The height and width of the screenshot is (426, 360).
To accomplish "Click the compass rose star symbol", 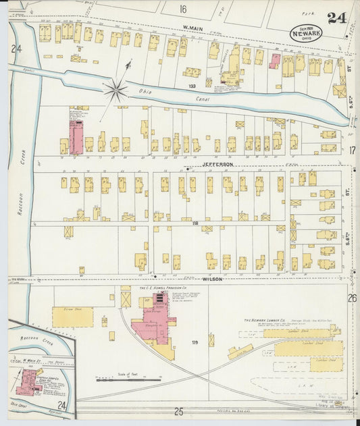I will (116, 87).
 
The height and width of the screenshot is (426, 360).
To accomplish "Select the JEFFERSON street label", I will (217, 164).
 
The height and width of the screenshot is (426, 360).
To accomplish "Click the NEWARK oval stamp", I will (306, 32).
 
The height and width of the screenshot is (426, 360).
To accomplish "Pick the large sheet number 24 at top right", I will (337, 18).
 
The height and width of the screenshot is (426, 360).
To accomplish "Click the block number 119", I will (195, 343).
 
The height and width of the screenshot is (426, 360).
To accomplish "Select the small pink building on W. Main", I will (275, 61).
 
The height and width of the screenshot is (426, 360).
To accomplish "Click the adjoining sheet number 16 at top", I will (182, 9).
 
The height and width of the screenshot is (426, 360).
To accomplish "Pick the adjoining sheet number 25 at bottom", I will (178, 410).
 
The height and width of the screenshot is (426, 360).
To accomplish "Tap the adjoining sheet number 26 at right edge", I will (352, 298).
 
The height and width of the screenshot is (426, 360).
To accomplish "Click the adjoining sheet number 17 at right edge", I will (352, 151).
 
